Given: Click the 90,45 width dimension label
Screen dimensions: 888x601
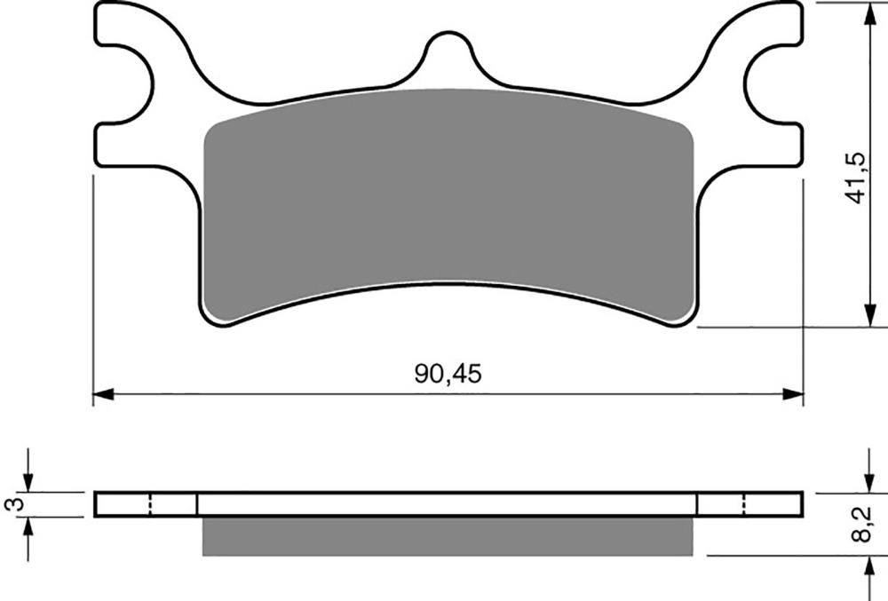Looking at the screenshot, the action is tap(448, 374).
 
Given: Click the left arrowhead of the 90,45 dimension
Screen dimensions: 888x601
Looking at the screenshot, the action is tap(103, 394).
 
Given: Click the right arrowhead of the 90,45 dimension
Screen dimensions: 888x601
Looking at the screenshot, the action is tap(793, 394).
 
